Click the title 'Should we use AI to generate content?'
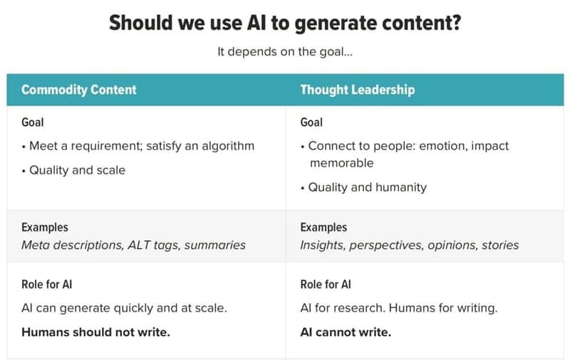285,23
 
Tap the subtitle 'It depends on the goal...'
285,51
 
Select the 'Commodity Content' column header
79,89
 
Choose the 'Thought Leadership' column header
358,89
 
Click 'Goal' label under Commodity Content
33,122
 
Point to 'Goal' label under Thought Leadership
311,122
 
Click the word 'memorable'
342,163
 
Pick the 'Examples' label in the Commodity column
45,227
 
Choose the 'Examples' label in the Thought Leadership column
323,227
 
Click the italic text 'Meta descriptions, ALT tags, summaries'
133,245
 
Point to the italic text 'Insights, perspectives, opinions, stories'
409,245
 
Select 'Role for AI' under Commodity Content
47,284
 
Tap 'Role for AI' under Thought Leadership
326,284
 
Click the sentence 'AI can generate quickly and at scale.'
124,308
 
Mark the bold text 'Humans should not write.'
95,332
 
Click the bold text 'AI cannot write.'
346,332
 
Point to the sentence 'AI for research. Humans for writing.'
399,308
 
